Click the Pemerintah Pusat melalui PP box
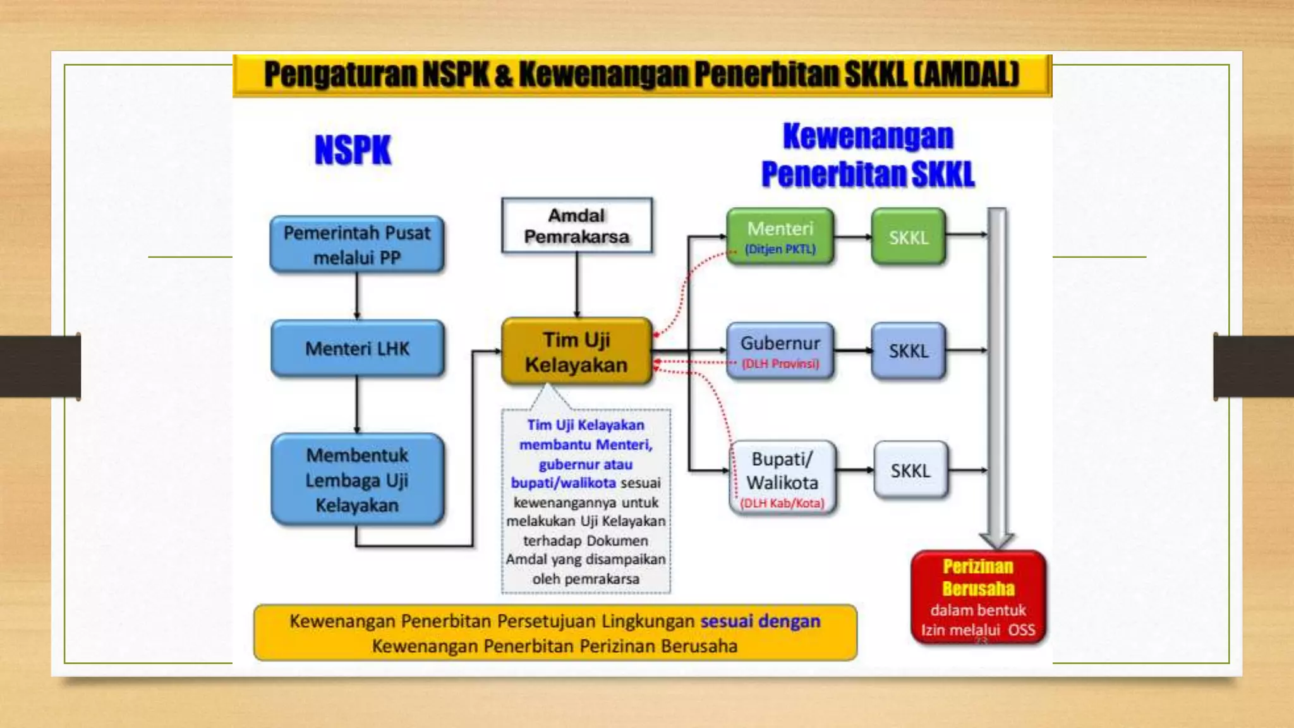point(357,245)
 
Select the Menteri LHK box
point(357,348)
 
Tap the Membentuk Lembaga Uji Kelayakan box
point(357,480)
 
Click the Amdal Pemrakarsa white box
point(576,226)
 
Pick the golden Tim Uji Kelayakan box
point(576,351)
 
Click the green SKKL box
point(908,237)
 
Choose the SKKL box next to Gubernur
point(908,351)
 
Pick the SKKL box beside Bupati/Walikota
point(910,470)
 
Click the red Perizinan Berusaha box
point(977,597)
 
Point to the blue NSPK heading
point(353,150)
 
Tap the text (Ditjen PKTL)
point(780,249)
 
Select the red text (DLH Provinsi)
point(780,364)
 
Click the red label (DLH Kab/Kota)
point(782,503)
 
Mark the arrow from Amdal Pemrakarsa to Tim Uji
point(576,284)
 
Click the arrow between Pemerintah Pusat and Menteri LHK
point(357,296)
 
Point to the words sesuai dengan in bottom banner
point(760,621)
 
